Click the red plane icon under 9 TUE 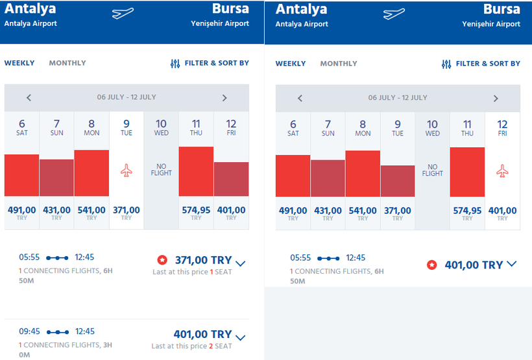pyautogui.click(x=127, y=171)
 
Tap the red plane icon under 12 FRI pyautogui.click(x=502, y=171)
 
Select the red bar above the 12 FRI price pyautogui.click(x=231, y=179)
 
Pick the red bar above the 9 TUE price pyautogui.click(x=398, y=181)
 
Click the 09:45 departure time pyautogui.click(x=30, y=331)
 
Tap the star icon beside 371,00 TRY pyautogui.click(x=162, y=260)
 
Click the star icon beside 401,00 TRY pyautogui.click(x=431, y=265)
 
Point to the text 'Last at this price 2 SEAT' pyautogui.click(x=191, y=346)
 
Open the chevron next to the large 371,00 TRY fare pyautogui.click(x=241, y=263)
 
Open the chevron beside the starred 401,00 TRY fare pyautogui.click(x=511, y=264)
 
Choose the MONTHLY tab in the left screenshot pyautogui.click(x=67, y=63)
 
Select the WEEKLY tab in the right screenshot pyautogui.click(x=291, y=64)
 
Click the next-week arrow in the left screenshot pyautogui.click(x=224, y=98)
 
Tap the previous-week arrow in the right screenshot pyautogui.click(x=300, y=99)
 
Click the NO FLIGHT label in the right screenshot pyautogui.click(x=433, y=170)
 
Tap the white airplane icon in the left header pyautogui.click(x=123, y=14)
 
